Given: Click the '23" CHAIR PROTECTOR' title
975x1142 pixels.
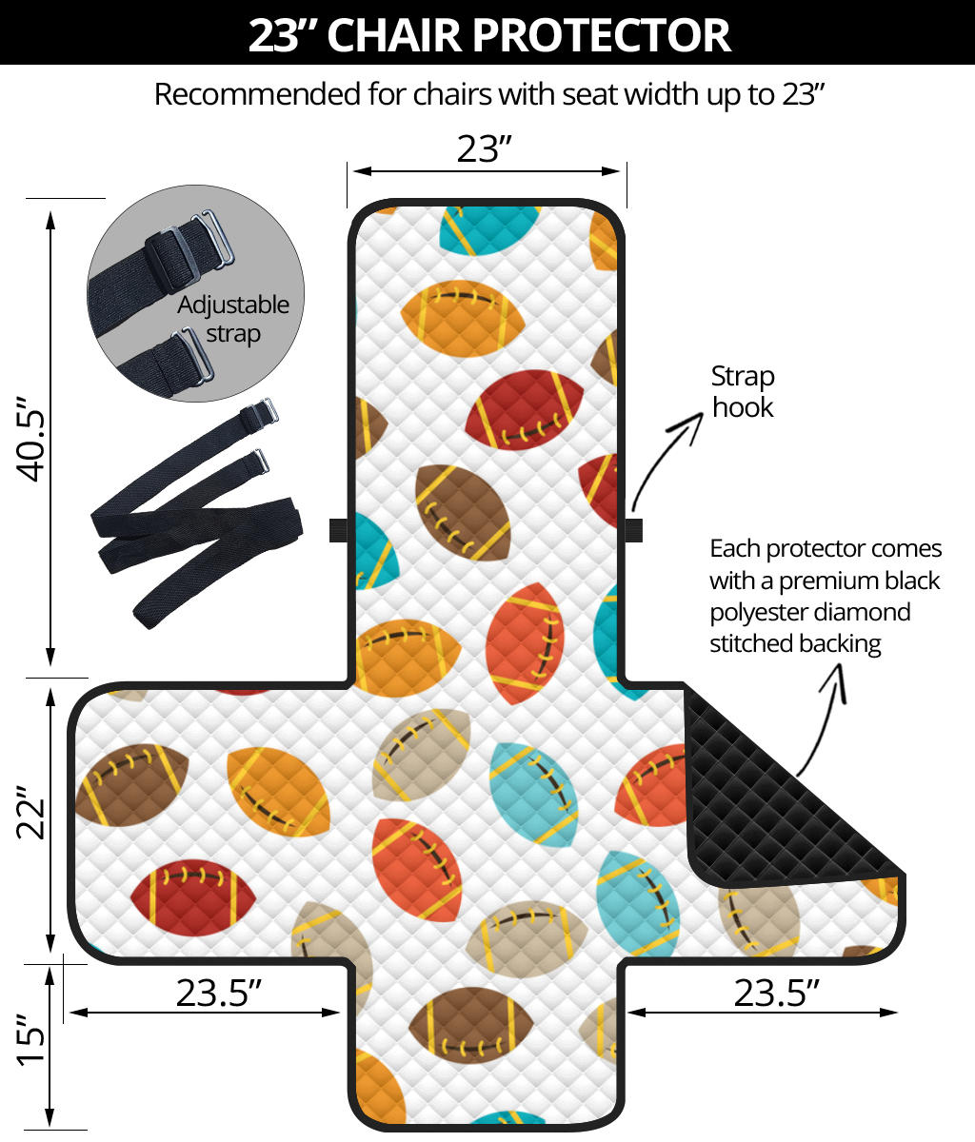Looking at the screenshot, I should click(x=487, y=34).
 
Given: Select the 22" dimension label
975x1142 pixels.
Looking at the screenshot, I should click(x=34, y=811).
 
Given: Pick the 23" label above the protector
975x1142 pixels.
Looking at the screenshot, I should click(x=485, y=148).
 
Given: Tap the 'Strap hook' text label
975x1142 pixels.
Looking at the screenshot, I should click(x=743, y=391).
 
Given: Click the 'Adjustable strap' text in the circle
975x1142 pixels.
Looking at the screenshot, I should click(x=233, y=319).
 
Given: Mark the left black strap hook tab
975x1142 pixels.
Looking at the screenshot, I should click(x=338, y=530).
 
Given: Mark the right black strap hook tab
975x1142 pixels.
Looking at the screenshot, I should click(x=634, y=530).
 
